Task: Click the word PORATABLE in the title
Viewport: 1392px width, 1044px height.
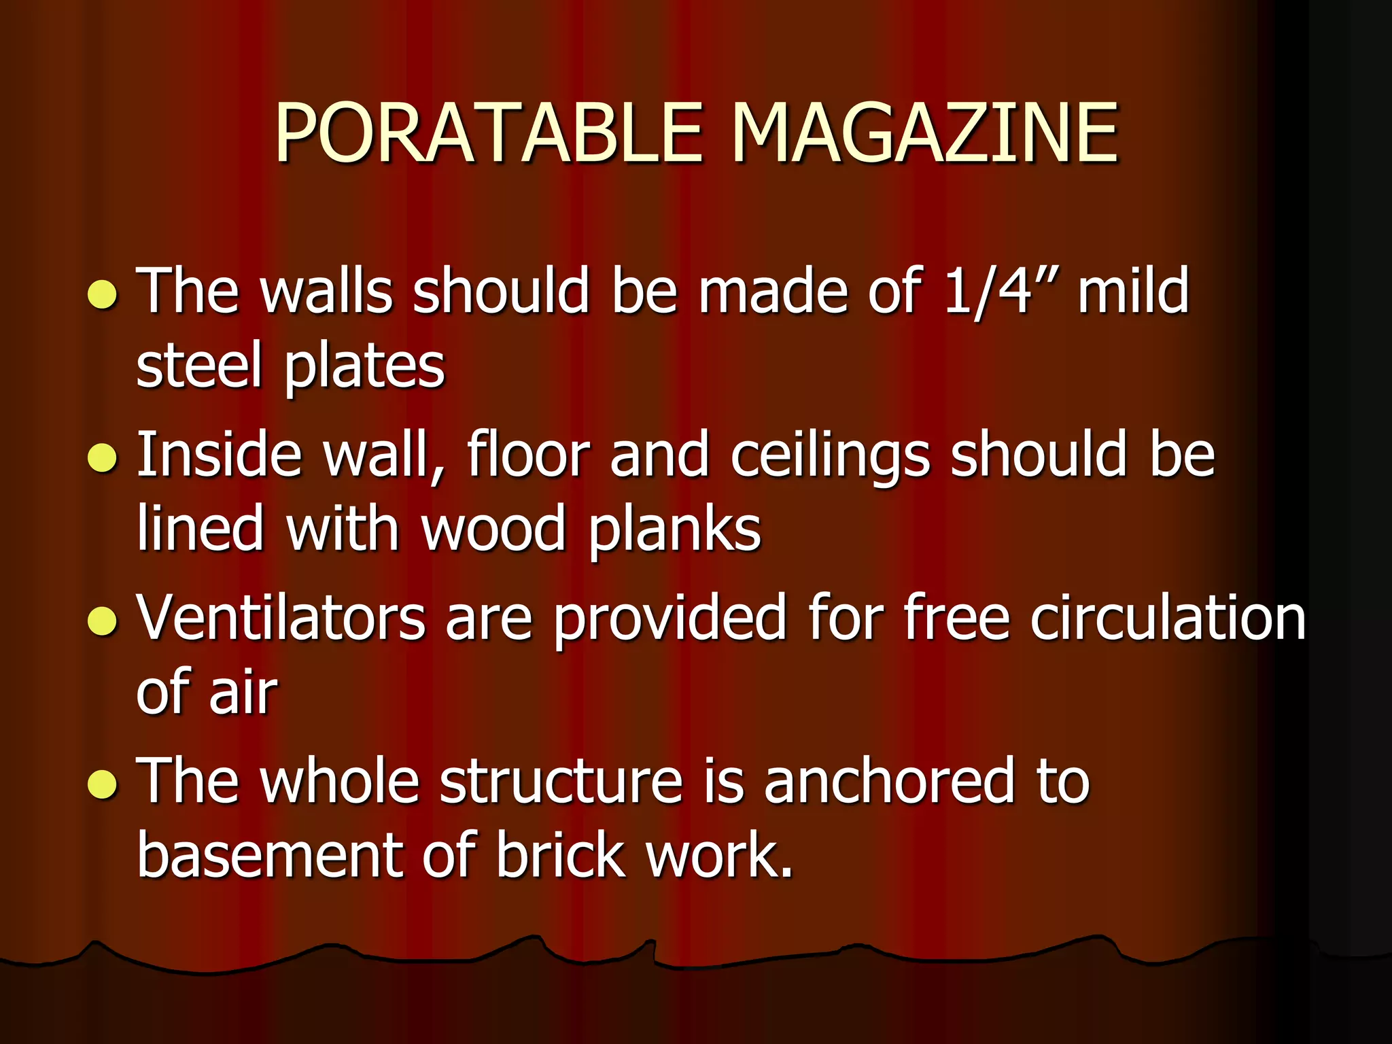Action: click(x=488, y=133)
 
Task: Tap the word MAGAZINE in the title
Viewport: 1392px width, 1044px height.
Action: click(x=924, y=133)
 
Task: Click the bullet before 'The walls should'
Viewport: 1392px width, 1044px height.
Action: click(x=103, y=294)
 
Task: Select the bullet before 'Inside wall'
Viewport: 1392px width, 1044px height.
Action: click(x=103, y=457)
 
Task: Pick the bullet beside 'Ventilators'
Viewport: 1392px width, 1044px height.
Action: click(x=103, y=620)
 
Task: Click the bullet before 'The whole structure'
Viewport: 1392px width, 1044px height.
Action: click(x=103, y=783)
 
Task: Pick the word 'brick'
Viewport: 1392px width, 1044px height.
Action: click(x=560, y=855)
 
